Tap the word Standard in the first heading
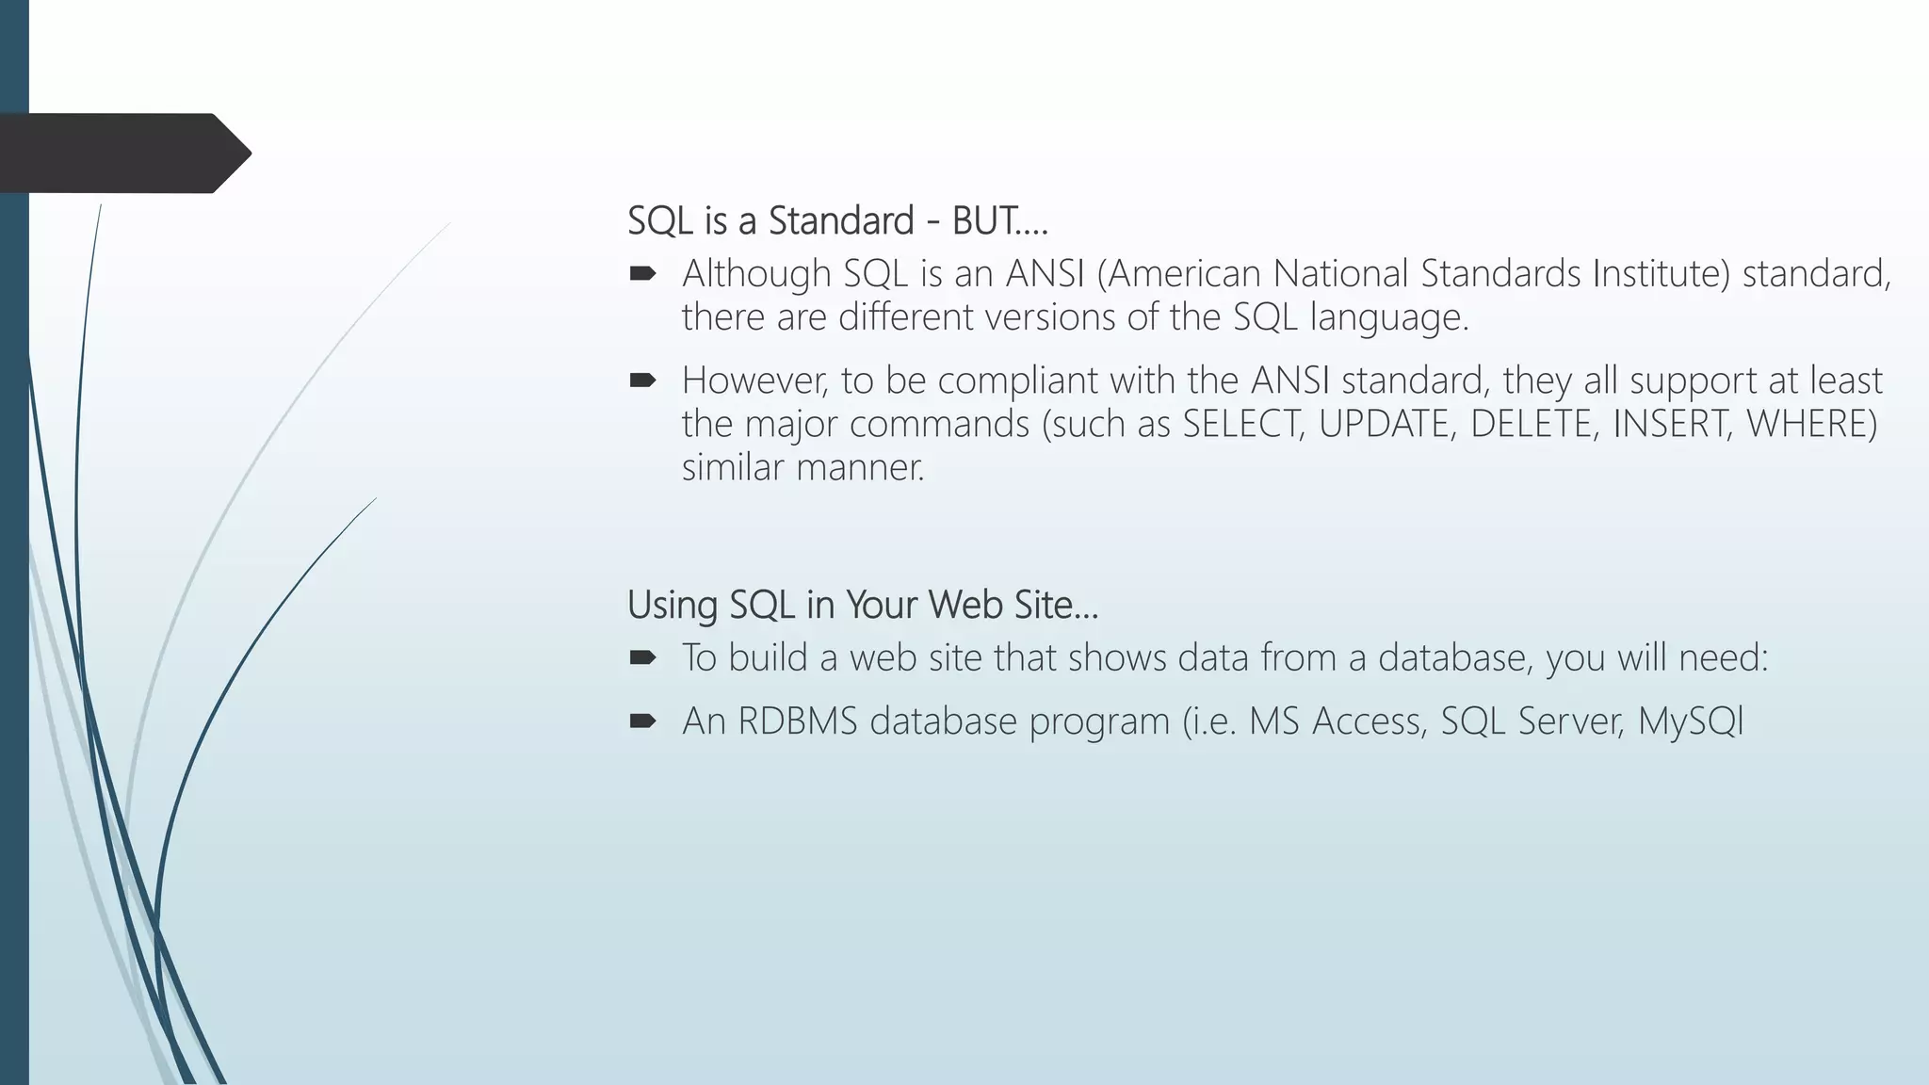point(841,221)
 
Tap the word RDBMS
point(798,721)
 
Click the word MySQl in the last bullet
point(1691,721)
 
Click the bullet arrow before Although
point(642,274)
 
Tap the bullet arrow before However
point(642,381)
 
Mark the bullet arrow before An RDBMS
point(642,721)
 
